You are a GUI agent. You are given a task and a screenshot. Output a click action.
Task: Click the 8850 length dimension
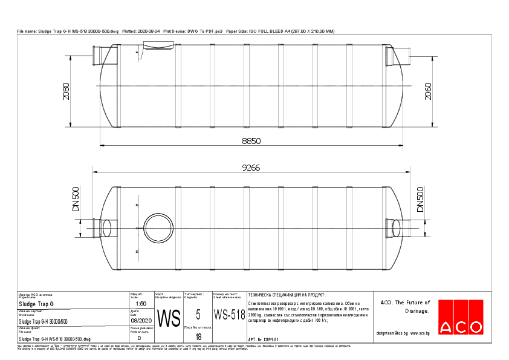click(251, 140)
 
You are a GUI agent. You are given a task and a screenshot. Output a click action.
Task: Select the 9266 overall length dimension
click(251, 168)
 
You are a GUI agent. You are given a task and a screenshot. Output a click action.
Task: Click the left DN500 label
click(76, 198)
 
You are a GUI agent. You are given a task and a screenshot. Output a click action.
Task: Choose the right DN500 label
click(420, 198)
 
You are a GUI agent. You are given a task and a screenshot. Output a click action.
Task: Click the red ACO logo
click(461, 317)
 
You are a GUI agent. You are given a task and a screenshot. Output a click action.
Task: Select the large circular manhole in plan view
click(160, 229)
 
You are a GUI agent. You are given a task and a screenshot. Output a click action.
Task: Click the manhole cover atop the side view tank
click(157, 45)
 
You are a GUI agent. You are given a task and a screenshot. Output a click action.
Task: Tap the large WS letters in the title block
click(169, 317)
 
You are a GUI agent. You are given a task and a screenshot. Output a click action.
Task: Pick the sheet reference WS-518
click(229, 315)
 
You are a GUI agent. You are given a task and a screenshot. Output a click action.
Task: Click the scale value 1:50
click(142, 304)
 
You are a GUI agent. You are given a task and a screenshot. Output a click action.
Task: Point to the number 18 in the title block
click(198, 336)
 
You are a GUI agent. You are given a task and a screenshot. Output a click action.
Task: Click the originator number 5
click(198, 314)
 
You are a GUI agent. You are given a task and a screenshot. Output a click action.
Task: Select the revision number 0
click(139, 338)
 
